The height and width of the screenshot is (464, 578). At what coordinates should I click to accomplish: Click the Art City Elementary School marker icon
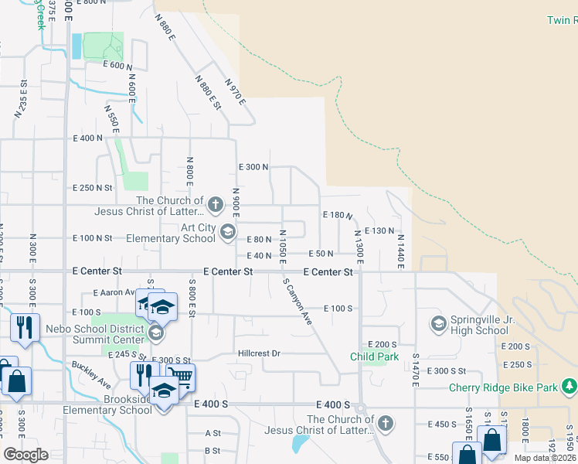(228, 230)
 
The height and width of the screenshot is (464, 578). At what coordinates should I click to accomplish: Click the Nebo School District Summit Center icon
(155, 333)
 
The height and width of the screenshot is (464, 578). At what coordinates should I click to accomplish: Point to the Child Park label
(374, 357)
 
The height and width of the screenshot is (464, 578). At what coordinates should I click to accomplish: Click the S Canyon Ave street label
(297, 302)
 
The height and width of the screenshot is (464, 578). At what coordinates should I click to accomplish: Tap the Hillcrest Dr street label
(257, 353)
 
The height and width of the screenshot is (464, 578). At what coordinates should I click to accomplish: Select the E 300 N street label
(253, 167)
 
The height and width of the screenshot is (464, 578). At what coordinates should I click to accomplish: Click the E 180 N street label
(337, 215)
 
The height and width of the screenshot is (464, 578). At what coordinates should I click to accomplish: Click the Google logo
(25, 455)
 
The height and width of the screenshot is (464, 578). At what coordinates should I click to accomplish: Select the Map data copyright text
(546, 458)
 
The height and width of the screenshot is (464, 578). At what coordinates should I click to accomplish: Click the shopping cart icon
(181, 377)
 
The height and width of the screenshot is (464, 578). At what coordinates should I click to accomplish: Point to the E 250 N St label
(93, 188)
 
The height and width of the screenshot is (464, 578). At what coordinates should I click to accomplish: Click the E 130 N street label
(379, 230)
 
